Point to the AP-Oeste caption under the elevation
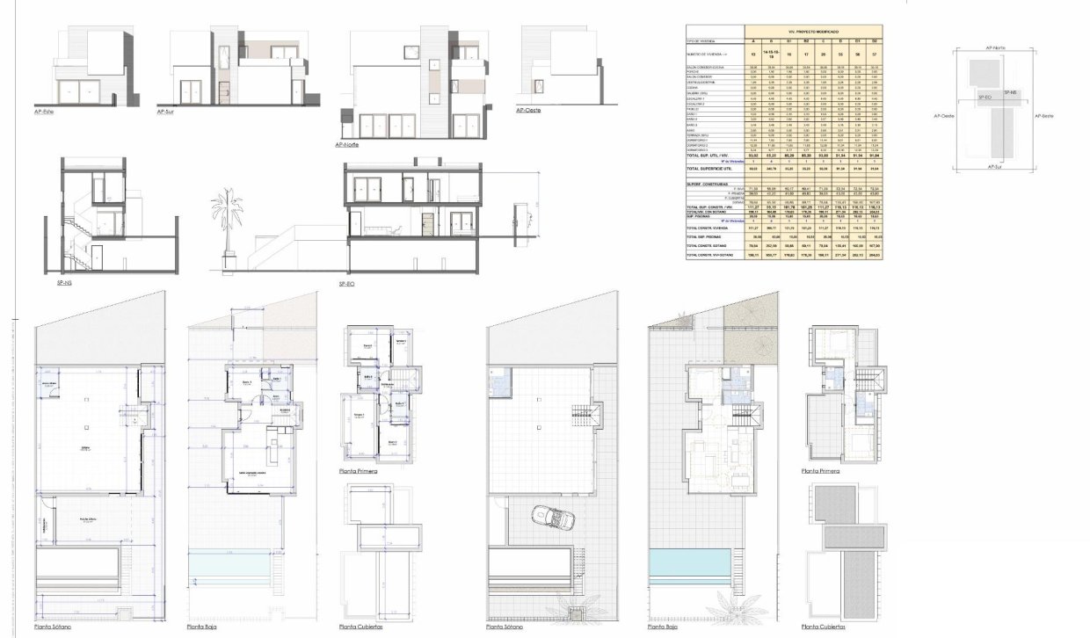pos(528,110)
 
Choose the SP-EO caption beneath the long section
pos(347,285)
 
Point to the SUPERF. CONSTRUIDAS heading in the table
pos(708,183)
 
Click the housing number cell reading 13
pos(752,54)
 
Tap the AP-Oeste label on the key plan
pos(945,115)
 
